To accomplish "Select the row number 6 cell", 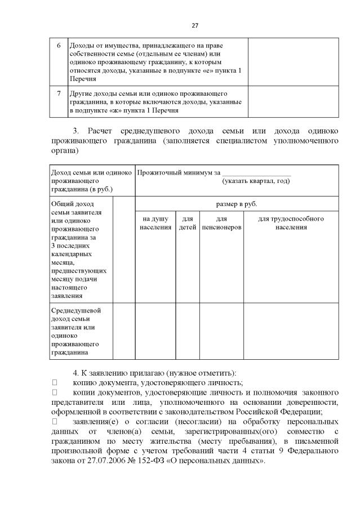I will click(59, 45).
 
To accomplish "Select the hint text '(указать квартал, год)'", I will click(256, 181).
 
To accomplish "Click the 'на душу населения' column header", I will click(155, 223).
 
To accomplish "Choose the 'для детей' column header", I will click(188, 223).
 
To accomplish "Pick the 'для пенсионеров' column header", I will click(221, 223).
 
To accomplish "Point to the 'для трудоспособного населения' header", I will click(291, 223).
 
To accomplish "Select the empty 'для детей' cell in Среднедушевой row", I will click(188, 331).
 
